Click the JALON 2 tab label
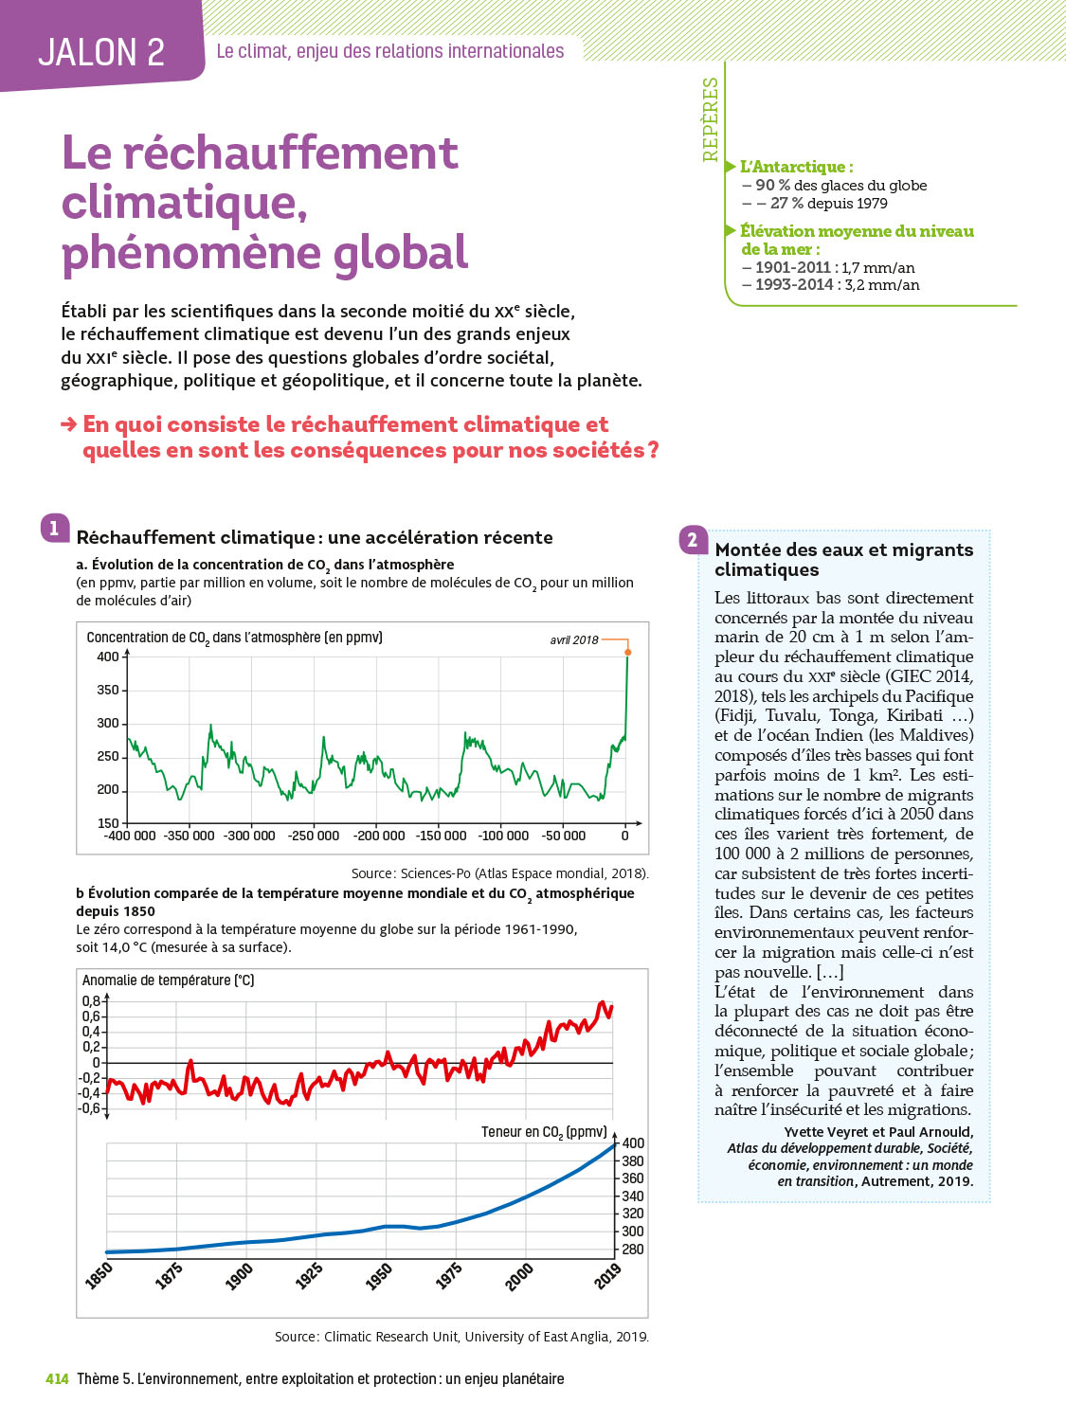pos(101,52)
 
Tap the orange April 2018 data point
pos(627,653)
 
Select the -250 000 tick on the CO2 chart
pos(314,836)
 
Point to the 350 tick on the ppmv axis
pos(108,690)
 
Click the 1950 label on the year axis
pos(379,1275)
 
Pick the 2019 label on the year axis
pos(607,1275)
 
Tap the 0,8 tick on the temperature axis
pos(91,1000)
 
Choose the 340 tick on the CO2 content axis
pos(633,1196)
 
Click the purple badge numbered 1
pos(55,529)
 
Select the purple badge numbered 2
pos(693,540)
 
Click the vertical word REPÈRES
pos(711,119)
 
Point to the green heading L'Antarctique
pos(796,167)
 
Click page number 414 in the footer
pos(57,1379)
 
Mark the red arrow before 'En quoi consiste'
pos(68,424)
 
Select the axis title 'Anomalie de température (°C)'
pos(168,980)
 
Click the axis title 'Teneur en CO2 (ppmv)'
pos(543,1132)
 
